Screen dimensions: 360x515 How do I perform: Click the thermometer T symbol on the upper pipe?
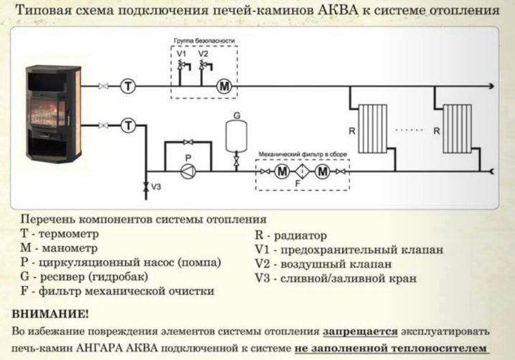(128, 86)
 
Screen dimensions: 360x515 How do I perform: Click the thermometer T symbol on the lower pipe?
(128, 125)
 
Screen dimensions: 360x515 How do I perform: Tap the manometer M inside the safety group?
(224, 86)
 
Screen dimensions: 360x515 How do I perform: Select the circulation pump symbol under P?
(186, 171)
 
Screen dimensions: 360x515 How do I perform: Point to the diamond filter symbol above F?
(302, 171)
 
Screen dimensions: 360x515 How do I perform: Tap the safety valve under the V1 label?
(181, 66)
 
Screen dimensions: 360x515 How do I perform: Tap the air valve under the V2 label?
(203, 66)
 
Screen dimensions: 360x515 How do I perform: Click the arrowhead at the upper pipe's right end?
(491, 86)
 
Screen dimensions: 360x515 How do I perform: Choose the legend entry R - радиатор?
(290, 235)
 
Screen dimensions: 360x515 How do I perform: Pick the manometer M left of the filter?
(282, 171)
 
